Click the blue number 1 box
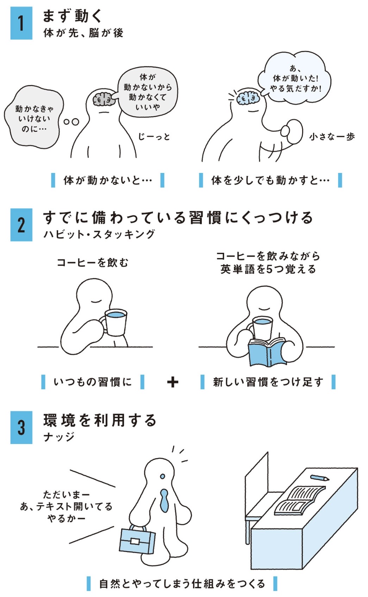click(x=21, y=23)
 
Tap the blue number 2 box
click(x=21, y=225)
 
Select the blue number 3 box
click(x=21, y=428)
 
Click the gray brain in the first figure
click(x=102, y=100)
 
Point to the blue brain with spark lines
click(x=248, y=97)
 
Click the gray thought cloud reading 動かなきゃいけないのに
click(x=34, y=117)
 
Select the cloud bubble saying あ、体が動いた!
click(x=294, y=77)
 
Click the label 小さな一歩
click(x=332, y=137)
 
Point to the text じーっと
click(x=154, y=137)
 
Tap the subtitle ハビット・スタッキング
click(x=99, y=234)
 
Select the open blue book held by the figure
click(x=267, y=352)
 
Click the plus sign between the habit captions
click(x=173, y=383)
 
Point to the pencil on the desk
click(x=319, y=478)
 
